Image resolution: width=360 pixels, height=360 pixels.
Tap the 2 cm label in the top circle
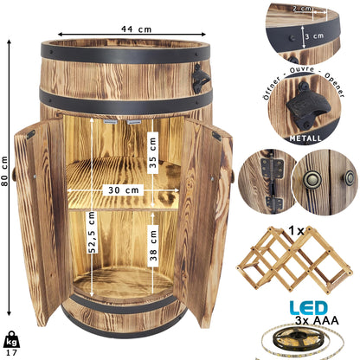[x=302, y=9]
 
